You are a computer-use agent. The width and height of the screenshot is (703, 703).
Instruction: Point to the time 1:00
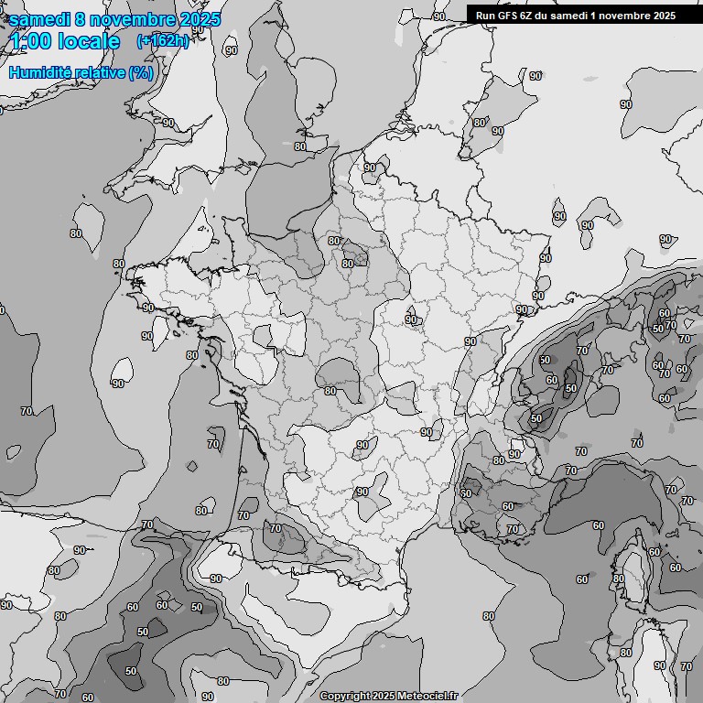coord(29,41)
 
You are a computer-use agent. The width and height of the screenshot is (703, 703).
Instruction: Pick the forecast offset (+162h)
coord(162,41)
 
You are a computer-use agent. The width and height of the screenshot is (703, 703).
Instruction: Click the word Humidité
coord(39,72)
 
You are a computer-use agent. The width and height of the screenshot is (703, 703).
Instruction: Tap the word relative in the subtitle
coord(98,72)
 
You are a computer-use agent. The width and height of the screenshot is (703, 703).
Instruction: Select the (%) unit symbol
coord(141,72)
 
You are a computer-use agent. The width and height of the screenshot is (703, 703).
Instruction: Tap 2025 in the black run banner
coord(664,15)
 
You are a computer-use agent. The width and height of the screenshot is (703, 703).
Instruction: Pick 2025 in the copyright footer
coord(384,696)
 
